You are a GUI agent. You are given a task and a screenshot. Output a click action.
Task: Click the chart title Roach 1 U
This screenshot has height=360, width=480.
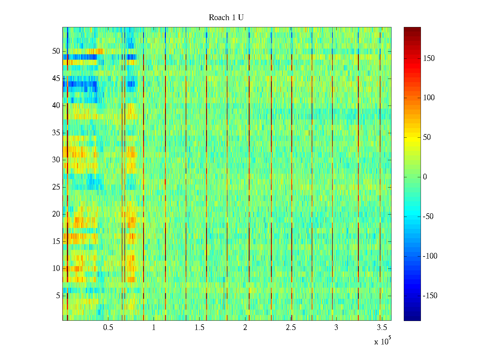click(226, 18)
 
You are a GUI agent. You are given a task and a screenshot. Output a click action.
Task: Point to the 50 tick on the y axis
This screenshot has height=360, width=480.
click(56, 51)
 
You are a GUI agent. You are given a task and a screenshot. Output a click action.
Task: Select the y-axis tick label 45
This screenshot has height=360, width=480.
click(56, 79)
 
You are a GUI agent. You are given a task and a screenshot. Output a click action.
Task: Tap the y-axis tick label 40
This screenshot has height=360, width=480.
click(56, 106)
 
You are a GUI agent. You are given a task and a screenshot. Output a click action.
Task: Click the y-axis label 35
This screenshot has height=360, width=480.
click(56, 133)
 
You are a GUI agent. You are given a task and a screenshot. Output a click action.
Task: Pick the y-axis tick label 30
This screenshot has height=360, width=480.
click(56, 160)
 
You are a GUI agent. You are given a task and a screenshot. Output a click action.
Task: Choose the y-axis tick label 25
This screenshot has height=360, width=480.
click(56, 187)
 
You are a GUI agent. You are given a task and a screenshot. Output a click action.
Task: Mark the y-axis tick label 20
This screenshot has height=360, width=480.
click(56, 214)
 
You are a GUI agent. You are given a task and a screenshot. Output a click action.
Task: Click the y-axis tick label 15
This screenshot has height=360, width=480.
click(56, 241)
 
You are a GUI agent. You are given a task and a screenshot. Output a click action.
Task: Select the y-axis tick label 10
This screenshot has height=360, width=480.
click(56, 268)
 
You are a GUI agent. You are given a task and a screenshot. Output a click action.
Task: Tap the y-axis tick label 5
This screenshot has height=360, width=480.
click(58, 296)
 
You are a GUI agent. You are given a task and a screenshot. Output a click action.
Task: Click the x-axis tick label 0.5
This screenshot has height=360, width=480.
click(108, 328)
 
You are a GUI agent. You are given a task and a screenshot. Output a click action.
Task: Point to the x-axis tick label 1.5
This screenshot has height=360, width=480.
click(199, 328)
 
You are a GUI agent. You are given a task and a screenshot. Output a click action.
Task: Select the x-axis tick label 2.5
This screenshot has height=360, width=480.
click(291, 328)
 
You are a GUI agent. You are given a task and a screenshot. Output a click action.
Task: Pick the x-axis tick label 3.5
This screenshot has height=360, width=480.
click(382, 328)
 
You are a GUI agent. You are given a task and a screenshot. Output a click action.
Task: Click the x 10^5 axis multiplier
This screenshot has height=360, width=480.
click(382, 341)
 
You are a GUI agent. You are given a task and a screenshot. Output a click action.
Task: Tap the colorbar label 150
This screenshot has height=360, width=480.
click(429, 58)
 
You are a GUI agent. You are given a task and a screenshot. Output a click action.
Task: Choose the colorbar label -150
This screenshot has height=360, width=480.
click(430, 296)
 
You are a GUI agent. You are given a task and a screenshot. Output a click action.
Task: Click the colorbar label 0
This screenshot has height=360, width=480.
click(425, 177)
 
